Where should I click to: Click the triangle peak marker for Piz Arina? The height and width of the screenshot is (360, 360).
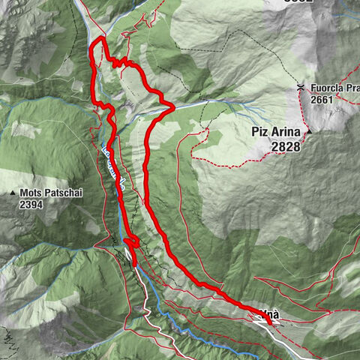click(308, 133)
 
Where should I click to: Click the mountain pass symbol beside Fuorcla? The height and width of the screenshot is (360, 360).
click(300, 87)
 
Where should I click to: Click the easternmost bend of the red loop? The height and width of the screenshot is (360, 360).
click(173, 107)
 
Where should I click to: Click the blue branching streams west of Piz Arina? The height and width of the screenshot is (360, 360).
click(240, 112)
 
